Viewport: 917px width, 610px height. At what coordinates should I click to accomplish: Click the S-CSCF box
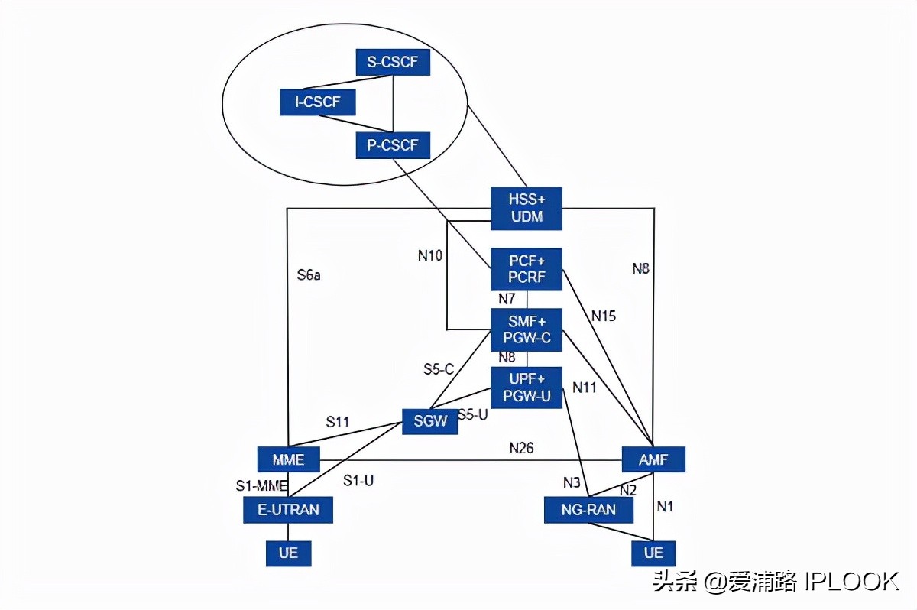393,62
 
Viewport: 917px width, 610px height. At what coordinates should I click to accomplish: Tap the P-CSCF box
393,145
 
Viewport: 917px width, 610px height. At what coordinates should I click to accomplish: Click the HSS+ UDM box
527,208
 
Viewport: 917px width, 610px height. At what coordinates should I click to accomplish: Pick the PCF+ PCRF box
527,269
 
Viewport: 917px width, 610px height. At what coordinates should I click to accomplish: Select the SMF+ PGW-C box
527,329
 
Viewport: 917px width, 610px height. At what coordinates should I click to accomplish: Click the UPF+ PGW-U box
527,388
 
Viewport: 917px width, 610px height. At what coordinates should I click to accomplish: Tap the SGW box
430,421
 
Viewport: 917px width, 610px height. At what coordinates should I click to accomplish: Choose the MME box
288,460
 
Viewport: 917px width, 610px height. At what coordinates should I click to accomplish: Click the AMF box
653,460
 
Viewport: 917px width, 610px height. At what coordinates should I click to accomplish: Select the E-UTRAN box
288,509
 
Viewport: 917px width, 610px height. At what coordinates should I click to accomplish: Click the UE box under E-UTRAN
288,553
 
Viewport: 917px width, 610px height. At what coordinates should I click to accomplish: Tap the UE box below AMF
653,553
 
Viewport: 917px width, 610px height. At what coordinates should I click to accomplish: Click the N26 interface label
521,448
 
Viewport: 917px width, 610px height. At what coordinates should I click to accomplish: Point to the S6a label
309,275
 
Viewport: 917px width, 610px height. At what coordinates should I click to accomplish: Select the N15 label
603,315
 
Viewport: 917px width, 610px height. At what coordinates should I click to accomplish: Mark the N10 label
429,256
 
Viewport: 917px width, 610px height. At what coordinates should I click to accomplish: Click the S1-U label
358,481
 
